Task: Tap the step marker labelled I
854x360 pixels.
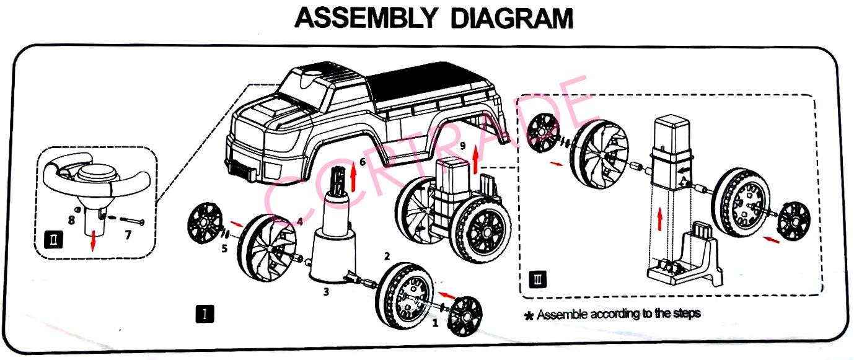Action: [x=205, y=314]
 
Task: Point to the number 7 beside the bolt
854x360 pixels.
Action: [x=129, y=234]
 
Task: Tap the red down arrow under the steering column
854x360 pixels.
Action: [x=92, y=241]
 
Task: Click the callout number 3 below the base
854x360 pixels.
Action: [x=326, y=291]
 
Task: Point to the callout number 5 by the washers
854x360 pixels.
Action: [x=224, y=249]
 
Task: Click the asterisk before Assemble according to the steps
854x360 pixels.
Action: [x=529, y=315]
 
